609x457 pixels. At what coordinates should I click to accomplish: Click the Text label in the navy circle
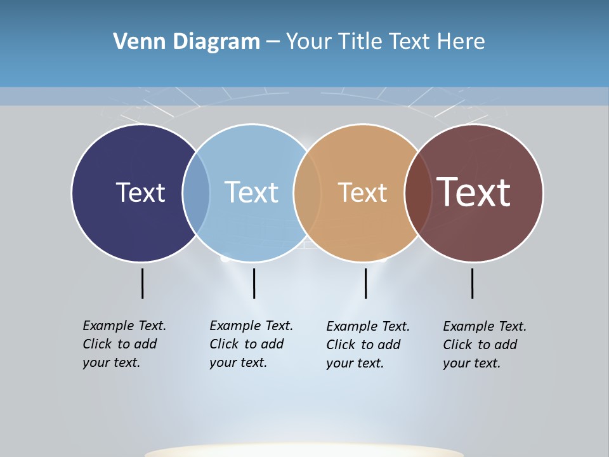pyautogui.click(x=140, y=192)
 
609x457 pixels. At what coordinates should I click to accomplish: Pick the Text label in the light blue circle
pyautogui.click(x=251, y=192)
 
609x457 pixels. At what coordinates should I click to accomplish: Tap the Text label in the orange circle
pyautogui.click(x=362, y=192)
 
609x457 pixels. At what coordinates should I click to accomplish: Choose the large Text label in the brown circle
pyautogui.click(x=473, y=192)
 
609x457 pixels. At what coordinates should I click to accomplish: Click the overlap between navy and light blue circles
pyautogui.click(x=196, y=192)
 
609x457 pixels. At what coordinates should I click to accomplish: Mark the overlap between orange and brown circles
pyautogui.click(x=418, y=192)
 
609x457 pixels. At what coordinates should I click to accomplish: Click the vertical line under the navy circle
pyautogui.click(x=142, y=283)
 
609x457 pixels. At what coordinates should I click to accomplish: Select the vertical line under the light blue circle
pyautogui.click(x=254, y=283)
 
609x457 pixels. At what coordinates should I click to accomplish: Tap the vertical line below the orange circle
pyautogui.click(x=365, y=283)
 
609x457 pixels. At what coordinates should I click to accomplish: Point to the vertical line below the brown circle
pyautogui.click(x=472, y=283)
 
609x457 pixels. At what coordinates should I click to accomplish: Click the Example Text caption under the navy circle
pyautogui.click(x=124, y=344)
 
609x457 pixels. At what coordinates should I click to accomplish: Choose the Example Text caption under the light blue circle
pyautogui.click(x=251, y=344)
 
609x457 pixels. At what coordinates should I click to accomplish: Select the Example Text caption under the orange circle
pyautogui.click(x=368, y=345)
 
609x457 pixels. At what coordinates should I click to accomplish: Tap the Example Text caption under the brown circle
pyautogui.click(x=485, y=345)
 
